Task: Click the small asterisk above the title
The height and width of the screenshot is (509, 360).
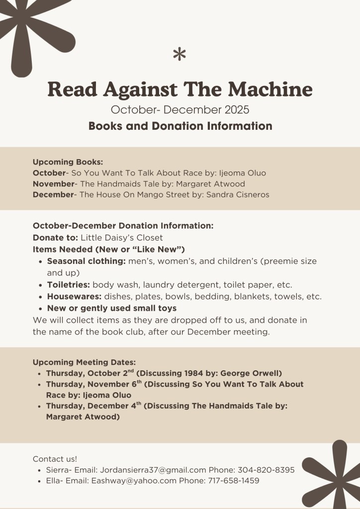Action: (180, 54)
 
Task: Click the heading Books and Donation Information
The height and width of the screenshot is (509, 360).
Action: (180, 126)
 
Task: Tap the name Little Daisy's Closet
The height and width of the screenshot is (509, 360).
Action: (121, 238)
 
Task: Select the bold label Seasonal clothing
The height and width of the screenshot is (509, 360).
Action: (86, 261)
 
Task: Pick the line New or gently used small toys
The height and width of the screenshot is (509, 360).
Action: (111, 309)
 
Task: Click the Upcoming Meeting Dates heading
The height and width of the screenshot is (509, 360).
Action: (84, 362)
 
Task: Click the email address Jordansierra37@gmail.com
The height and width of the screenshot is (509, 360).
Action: (153, 470)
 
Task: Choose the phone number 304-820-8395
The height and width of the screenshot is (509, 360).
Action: (266, 470)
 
